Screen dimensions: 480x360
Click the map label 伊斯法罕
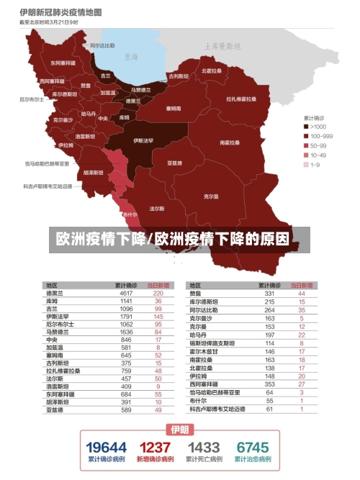pos(143,140)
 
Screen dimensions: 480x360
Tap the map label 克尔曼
pos(211,196)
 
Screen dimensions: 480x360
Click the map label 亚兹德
pos(174,163)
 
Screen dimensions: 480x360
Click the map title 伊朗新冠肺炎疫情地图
pos(60,12)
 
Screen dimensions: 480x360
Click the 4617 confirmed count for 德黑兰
pos(127,293)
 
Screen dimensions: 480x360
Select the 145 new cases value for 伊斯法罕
pos(158,316)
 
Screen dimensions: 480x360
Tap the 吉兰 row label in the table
pos(52,308)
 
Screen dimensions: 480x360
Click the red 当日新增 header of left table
pos(158,285)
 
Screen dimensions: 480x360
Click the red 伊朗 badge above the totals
pos(179,430)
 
